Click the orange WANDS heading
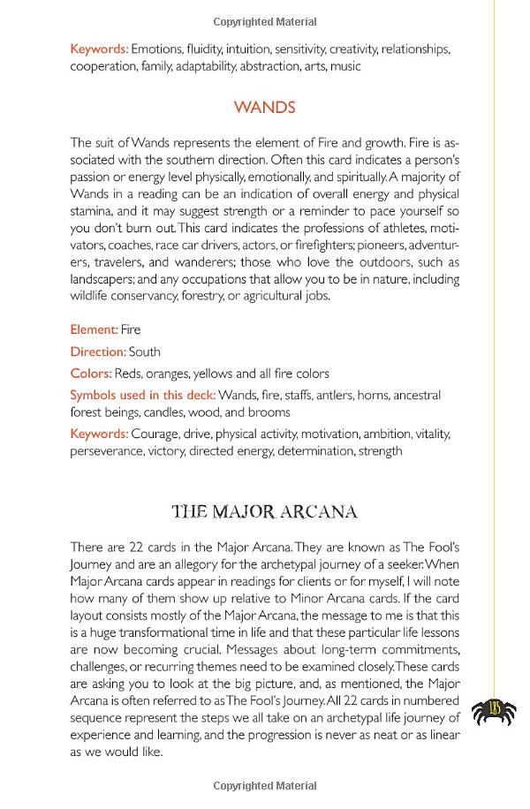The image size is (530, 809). point(264,108)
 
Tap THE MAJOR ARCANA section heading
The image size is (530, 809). point(264,510)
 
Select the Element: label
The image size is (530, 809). point(94,329)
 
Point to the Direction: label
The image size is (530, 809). point(98,352)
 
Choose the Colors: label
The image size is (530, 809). point(91,373)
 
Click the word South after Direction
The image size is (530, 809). point(145,352)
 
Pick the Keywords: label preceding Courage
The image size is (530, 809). point(99,434)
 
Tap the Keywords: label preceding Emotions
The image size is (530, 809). point(99,49)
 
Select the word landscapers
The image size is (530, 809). point(102,279)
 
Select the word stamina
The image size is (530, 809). point(93,211)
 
